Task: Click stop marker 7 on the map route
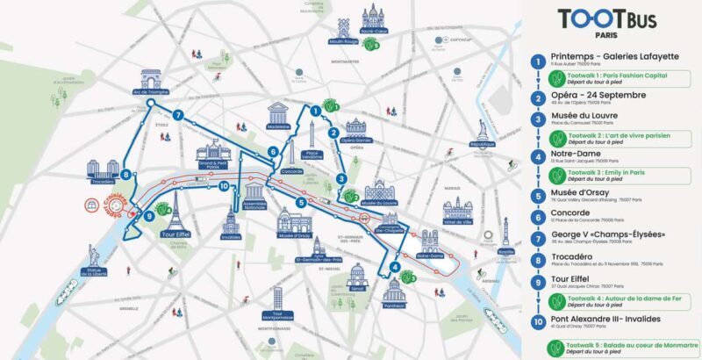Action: (x=177, y=115)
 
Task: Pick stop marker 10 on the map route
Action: (x=225, y=186)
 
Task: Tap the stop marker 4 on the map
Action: (x=396, y=267)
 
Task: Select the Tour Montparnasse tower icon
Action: (x=277, y=299)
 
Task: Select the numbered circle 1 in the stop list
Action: (x=537, y=61)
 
